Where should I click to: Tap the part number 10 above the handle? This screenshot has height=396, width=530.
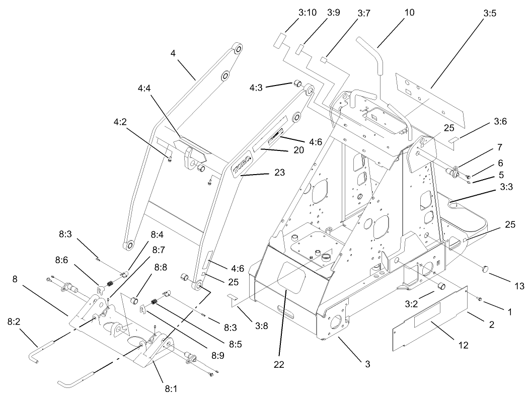click(x=409, y=13)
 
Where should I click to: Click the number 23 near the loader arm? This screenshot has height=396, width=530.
click(x=279, y=173)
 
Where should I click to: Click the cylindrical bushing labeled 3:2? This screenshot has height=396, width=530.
click(x=441, y=286)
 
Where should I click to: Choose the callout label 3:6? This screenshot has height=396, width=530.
click(x=499, y=121)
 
